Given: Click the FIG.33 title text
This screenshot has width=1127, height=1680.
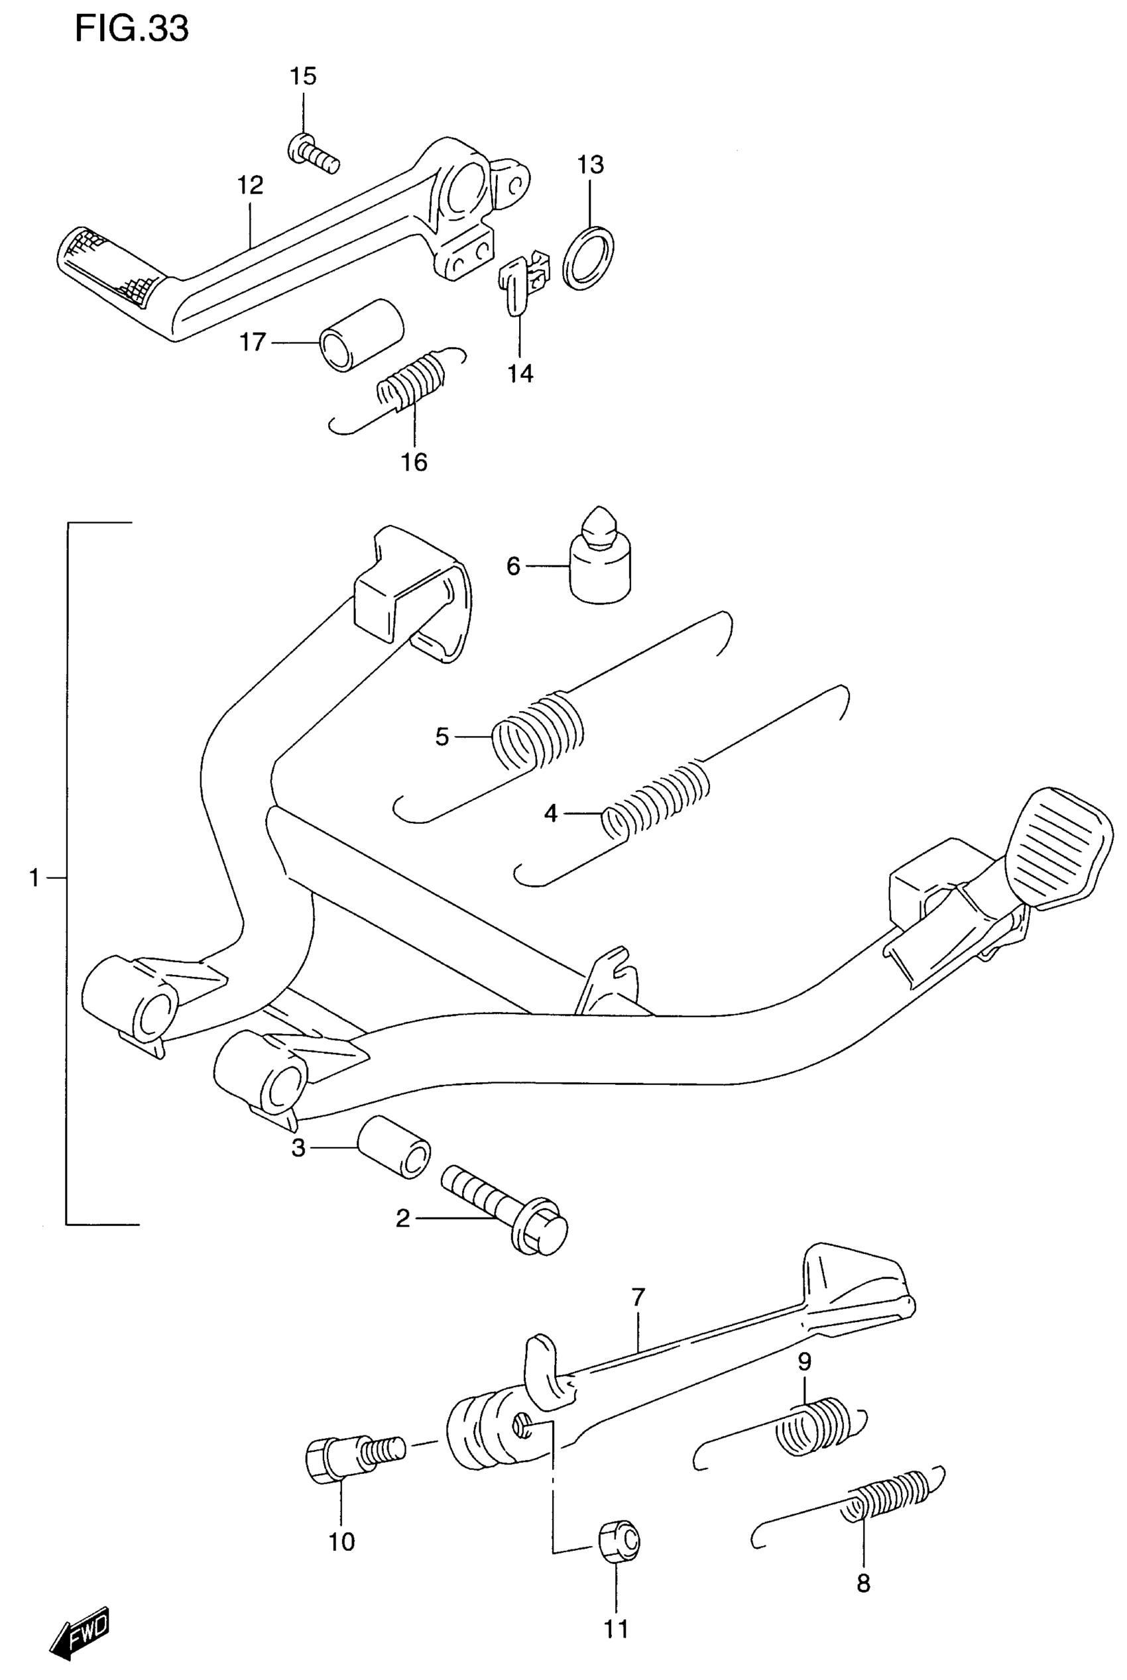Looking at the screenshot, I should (x=131, y=29).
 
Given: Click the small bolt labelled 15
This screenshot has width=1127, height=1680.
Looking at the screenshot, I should (x=314, y=154).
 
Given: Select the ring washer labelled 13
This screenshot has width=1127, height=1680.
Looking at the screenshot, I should (x=588, y=258).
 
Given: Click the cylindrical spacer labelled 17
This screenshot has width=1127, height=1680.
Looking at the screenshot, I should (x=361, y=335).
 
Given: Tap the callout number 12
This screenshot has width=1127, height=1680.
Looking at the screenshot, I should (x=251, y=186).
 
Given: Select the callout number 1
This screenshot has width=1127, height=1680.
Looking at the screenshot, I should (x=34, y=877).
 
